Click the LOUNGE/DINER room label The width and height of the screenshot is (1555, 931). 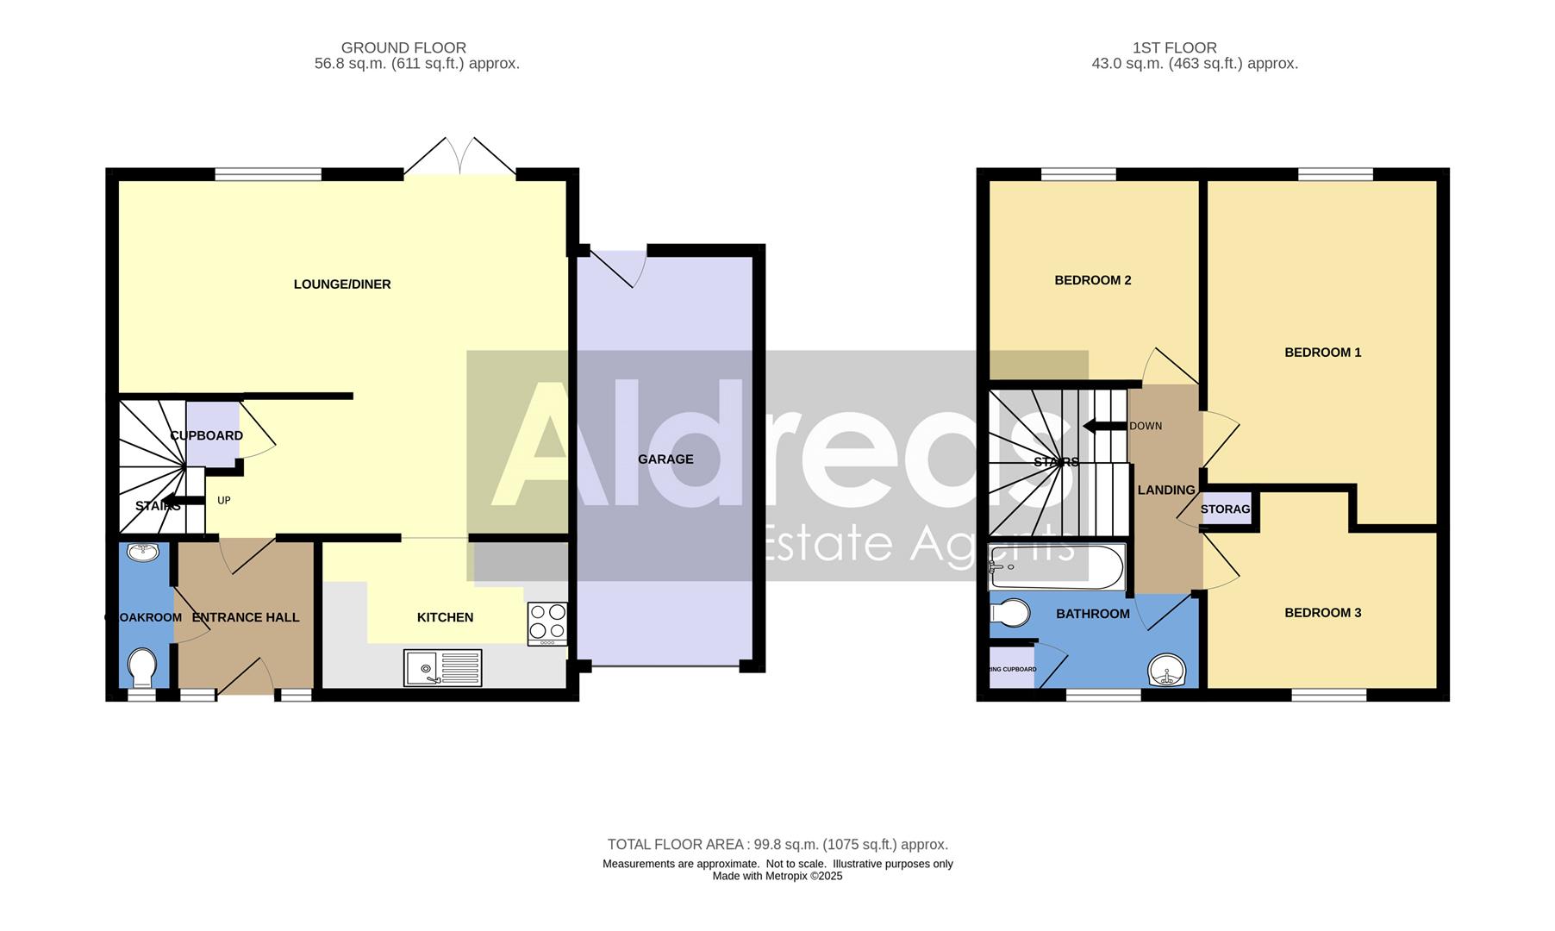pos(342,284)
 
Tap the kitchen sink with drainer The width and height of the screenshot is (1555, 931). pos(442,667)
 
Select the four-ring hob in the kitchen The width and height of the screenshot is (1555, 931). pos(547,623)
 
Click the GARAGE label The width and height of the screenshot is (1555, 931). pos(665,459)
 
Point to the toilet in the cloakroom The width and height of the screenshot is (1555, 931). pos(141,666)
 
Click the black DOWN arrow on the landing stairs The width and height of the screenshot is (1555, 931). pos(1104,426)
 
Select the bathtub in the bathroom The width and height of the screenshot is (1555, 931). pos(1056,567)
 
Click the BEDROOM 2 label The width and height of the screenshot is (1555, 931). pos(1092,280)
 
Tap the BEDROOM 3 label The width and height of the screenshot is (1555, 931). pos(1322,613)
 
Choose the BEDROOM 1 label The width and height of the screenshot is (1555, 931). pos(1322,353)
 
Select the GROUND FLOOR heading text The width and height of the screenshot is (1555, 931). pos(403,48)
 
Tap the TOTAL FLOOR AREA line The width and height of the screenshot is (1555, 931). pos(777,845)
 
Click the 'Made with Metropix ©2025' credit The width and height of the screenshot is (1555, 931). pos(777,876)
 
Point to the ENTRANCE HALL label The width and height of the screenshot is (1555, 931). pos(246,617)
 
